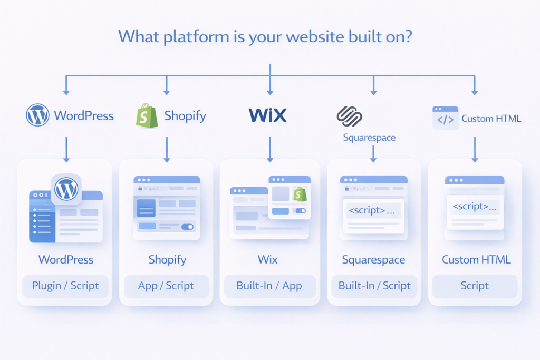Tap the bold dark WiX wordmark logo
tap(267, 115)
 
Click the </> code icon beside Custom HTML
tap(445, 118)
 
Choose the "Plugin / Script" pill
tap(65, 286)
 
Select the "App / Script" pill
tap(166, 286)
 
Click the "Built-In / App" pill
tap(269, 286)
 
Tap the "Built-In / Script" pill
tap(374, 286)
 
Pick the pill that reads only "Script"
tap(474, 286)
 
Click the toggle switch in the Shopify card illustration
tap(187, 227)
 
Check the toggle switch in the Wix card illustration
tap(301, 211)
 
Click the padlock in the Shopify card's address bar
tap(140, 188)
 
